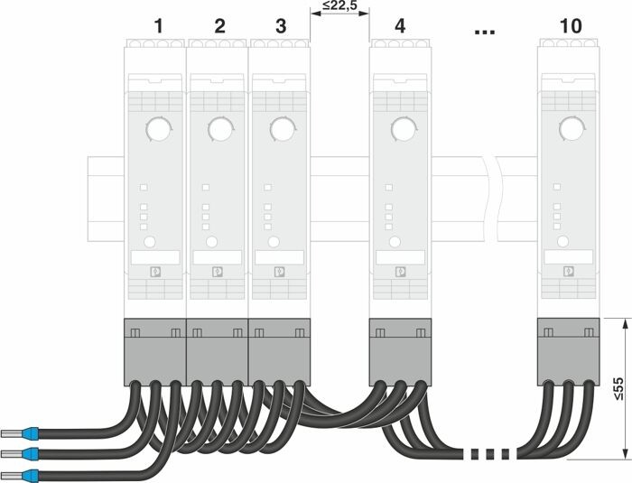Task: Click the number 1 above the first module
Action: [x=158, y=26]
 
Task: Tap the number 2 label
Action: [x=219, y=26]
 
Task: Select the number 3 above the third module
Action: [x=280, y=26]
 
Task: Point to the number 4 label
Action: [x=400, y=26]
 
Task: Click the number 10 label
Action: [x=570, y=26]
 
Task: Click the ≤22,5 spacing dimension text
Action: [x=339, y=8]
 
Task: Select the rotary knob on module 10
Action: [x=570, y=130]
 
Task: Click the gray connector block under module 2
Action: [x=218, y=348]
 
